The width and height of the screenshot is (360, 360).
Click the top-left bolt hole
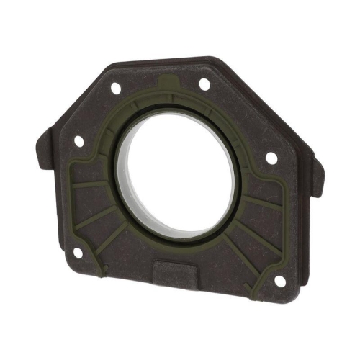point(115,88)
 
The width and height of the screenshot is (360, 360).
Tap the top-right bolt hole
point(204,84)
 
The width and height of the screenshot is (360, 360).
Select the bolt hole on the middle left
point(79,141)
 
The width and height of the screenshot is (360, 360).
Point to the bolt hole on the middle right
point(271,158)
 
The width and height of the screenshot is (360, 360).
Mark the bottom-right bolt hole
point(279,281)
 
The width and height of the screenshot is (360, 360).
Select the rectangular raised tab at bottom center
point(176,272)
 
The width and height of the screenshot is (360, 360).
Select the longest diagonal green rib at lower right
point(248,252)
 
